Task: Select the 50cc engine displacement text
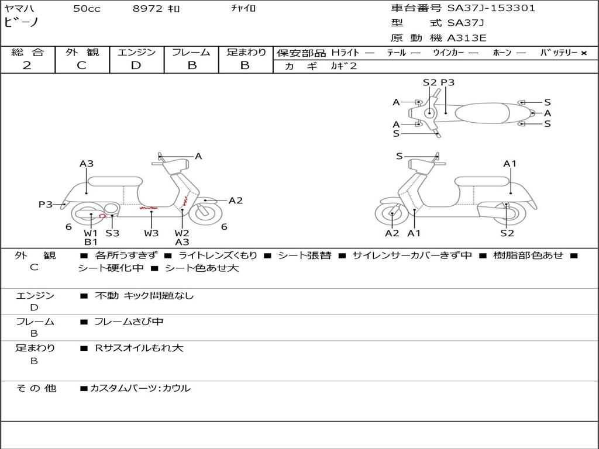coord(87,9)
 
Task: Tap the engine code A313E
coord(467,39)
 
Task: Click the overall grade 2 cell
coord(27,65)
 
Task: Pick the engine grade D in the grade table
coord(136,65)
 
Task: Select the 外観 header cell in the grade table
coord(82,53)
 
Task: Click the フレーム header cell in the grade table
coord(191,53)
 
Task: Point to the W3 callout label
coord(152,233)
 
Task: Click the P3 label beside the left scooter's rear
coord(46,205)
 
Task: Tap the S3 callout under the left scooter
coord(112,233)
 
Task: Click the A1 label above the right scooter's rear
coord(510,164)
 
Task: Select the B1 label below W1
coord(91,242)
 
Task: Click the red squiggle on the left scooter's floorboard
coord(148,207)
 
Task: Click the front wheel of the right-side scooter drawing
coord(391,215)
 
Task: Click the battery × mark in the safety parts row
coord(583,53)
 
